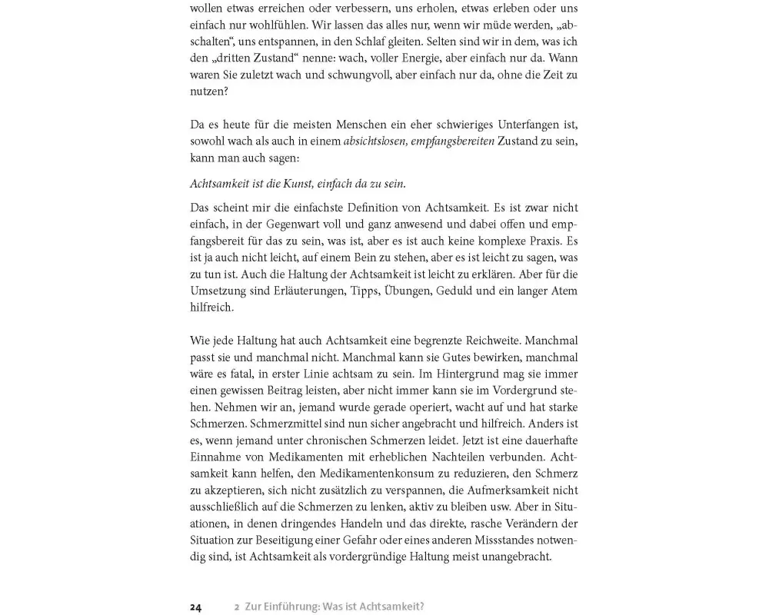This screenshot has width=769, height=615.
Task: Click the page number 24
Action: tap(196, 607)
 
